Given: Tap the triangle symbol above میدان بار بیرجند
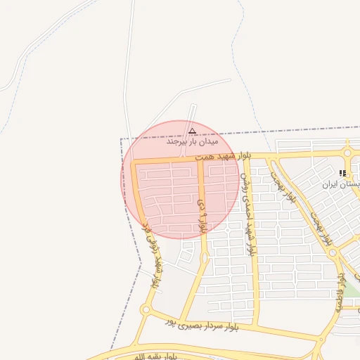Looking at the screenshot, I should coord(192,130).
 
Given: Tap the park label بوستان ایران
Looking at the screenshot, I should coord(342,184).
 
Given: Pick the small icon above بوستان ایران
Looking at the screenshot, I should coord(342,173).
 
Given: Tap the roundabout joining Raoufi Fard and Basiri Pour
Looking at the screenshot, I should coord(146,310).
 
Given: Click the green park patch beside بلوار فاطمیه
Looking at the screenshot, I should coord(350,288).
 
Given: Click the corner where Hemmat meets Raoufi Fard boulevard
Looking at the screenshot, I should coord(134,164).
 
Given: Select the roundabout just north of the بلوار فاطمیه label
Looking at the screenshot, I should coord(336,252).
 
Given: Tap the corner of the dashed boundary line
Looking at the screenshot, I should coord(122,139).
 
